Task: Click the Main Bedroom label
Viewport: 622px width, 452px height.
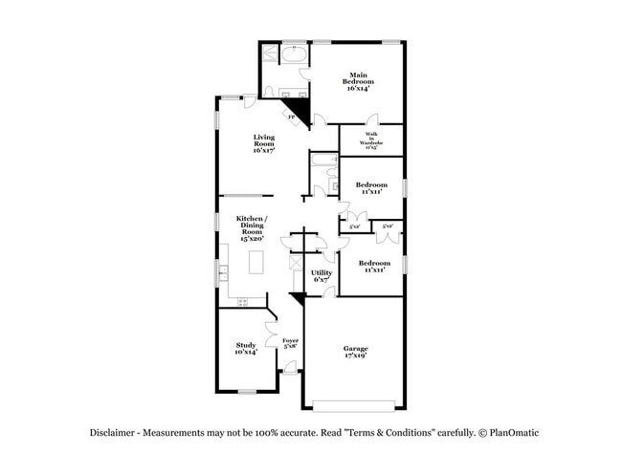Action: [358, 81]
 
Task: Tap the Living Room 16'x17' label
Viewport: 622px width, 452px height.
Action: [264, 143]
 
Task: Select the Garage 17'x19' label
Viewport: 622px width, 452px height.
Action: [355, 352]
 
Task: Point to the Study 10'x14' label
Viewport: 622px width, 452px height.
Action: [246, 349]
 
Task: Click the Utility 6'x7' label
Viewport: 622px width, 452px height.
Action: [322, 276]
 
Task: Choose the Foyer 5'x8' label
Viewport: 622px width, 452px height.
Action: [290, 344]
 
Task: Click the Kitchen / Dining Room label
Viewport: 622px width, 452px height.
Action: [251, 230]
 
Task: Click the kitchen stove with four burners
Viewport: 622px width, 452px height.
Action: [242, 302]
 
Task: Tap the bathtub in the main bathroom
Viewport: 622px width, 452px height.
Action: [294, 56]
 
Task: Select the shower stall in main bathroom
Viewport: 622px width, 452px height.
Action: [270, 54]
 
